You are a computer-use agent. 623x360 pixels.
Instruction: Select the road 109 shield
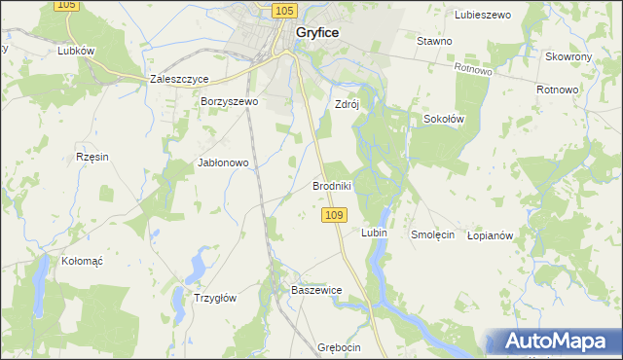click(334, 214)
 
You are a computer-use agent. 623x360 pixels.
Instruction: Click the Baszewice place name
click(316, 290)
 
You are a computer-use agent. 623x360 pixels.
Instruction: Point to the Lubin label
click(374, 234)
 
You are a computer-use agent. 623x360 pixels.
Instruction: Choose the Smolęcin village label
click(433, 234)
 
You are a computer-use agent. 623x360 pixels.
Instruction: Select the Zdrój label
click(347, 105)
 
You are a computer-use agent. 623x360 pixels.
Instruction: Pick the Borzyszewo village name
click(229, 101)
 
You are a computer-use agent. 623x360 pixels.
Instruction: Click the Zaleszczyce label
click(180, 79)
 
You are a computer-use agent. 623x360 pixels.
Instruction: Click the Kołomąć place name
click(83, 261)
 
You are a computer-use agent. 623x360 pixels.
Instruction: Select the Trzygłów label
click(216, 299)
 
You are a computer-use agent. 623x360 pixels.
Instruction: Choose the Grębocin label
click(339, 347)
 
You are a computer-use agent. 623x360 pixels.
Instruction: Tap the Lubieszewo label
click(483, 15)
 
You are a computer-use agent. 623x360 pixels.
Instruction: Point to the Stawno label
click(434, 41)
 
